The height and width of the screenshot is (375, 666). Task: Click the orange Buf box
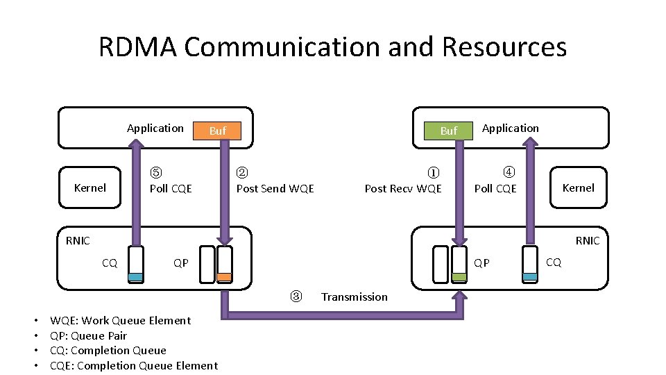[x=218, y=131]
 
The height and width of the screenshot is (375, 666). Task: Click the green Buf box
[x=449, y=131]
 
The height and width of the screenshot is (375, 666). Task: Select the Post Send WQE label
[x=275, y=188]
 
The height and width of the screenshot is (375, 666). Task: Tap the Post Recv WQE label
[x=403, y=188]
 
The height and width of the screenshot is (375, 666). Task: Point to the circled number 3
[x=296, y=297]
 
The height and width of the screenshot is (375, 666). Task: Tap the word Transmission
[x=354, y=297]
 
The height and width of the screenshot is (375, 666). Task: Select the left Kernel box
[x=90, y=187]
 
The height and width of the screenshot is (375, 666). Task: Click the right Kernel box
[x=579, y=187]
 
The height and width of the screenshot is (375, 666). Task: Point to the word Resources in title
[x=504, y=47]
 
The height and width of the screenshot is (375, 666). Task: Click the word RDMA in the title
[x=138, y=47]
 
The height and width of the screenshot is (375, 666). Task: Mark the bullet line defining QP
[x=88, y=335]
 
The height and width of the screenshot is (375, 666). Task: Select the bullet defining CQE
[x=133, y=366]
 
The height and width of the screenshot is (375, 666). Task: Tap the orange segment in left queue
[x=224, y=276]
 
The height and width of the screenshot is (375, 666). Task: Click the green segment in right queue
[x=459, y=276]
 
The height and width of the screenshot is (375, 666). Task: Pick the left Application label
[x=155, y=128]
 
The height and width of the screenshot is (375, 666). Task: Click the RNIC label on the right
[x=587, y=240]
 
